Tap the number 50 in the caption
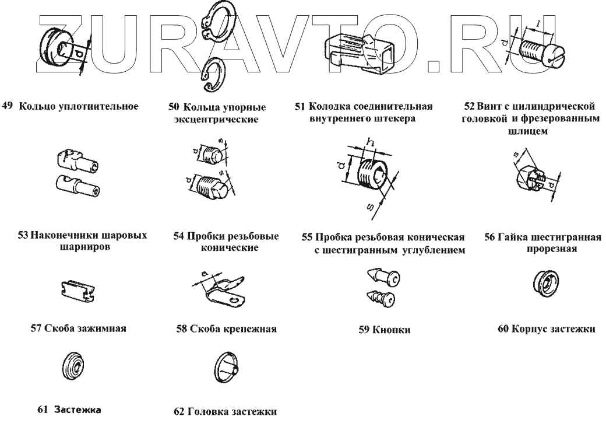174,108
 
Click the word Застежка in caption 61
78,410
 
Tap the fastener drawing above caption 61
72,367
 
